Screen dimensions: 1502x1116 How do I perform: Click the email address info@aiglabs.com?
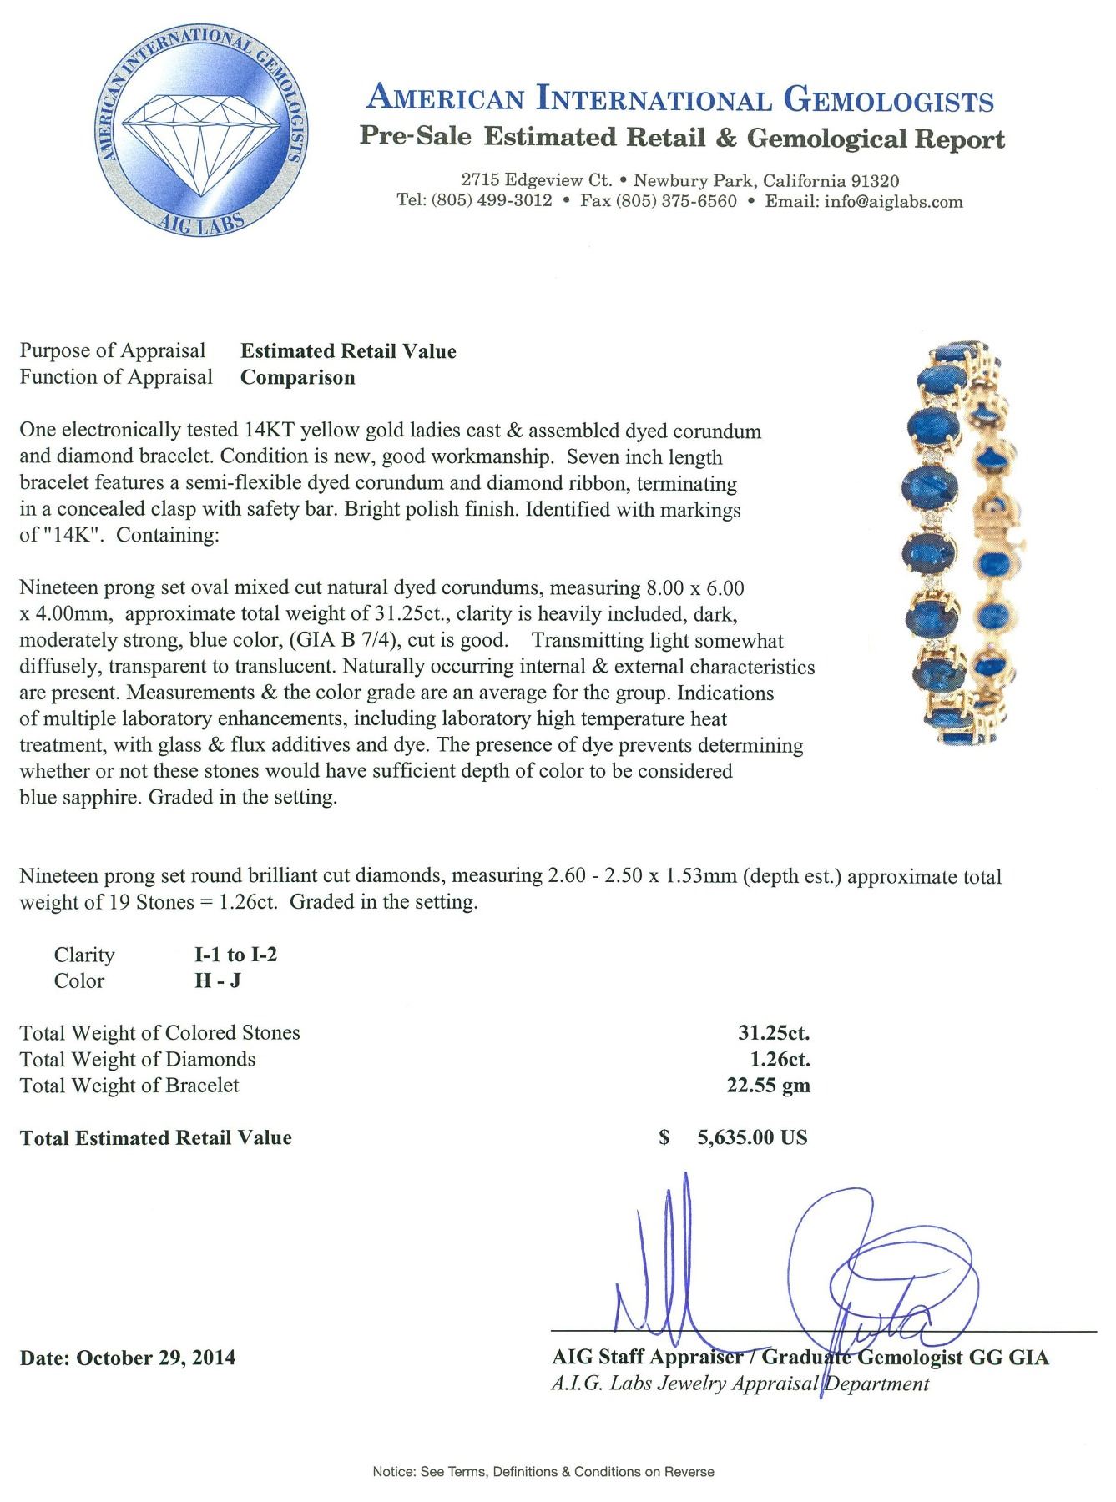point(893,201)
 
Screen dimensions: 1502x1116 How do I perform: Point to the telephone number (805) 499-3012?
point(492,201)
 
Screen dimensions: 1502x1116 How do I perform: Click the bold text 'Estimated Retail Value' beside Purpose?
point(348,351)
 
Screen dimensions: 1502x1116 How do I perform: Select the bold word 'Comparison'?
point(298,377)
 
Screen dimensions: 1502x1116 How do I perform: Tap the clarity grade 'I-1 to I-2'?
point(235,955)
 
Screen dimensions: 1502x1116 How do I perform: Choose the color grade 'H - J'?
point(218,980)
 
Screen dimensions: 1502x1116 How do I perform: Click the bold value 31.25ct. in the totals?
point(774,1033)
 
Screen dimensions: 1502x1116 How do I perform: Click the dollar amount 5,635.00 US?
point(751,1137)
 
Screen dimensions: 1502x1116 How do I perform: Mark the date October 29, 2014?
point(155,1358)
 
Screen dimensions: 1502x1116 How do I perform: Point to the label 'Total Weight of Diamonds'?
point(138,1059)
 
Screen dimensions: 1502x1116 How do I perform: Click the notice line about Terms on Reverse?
point(543,1472)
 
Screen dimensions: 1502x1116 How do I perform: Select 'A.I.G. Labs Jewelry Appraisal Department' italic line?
point(740,1384)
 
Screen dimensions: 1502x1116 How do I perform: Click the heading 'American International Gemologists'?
point(680,100)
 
